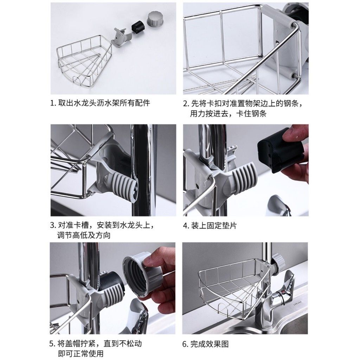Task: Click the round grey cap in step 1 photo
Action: coord(155,19)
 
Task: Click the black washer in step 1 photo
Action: coord(139,27)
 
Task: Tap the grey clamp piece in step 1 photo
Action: coord(122,37)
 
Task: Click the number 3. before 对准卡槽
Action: coord(53,225)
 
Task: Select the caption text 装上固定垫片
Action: coord(214,225)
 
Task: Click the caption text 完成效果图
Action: coord(210,344)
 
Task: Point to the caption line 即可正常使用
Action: coord(81,353)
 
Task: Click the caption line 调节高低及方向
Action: coord(84,235)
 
